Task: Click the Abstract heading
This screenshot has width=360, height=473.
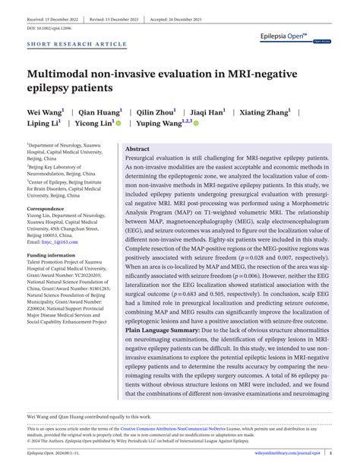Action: click(x=137, y=128)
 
